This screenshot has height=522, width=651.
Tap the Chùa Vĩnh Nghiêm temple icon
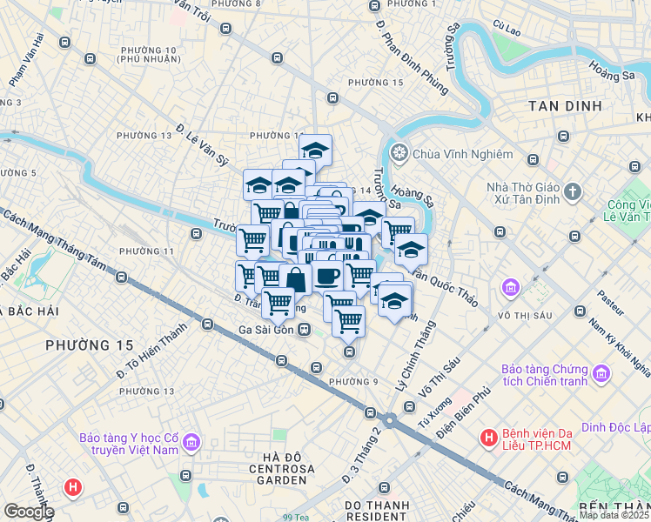[x=399, y=154]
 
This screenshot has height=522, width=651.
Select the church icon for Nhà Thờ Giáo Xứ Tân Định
[x=573, y=191]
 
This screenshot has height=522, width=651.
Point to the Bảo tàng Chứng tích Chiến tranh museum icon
[x=601, y=375]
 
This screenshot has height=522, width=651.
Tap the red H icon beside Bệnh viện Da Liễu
[x=489, y=438]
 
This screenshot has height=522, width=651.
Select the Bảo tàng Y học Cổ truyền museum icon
[x=191, y=444]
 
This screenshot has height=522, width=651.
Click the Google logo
[x=28, y=512]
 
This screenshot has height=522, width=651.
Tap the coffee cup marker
[x=328, y=277]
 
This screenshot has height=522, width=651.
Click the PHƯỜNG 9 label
[x=353, y=382]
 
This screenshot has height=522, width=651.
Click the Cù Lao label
[x=506, y=30]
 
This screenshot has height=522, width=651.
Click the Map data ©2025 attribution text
[x=614, y=515]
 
